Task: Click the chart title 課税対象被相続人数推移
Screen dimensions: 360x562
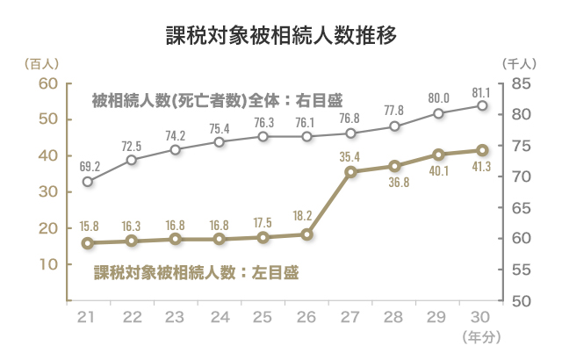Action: pos(281,36)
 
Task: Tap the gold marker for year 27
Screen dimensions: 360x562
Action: pos(350,171)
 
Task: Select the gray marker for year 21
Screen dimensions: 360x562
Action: pos(88,182)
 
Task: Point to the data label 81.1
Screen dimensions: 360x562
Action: pos(482,90)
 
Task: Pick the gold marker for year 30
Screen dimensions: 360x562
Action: pos(482,150)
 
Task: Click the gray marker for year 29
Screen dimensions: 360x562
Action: pos(438,113)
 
